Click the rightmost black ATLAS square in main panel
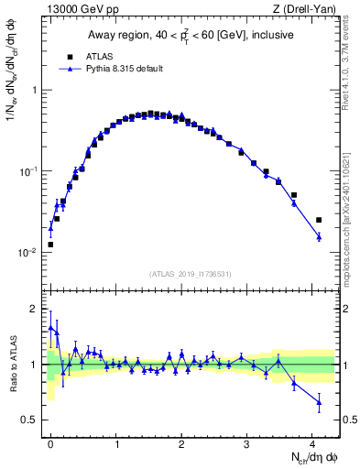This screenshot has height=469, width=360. pos(319,220)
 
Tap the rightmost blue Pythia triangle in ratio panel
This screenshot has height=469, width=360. pos(319,401)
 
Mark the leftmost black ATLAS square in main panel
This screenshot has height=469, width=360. pos(50,245)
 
